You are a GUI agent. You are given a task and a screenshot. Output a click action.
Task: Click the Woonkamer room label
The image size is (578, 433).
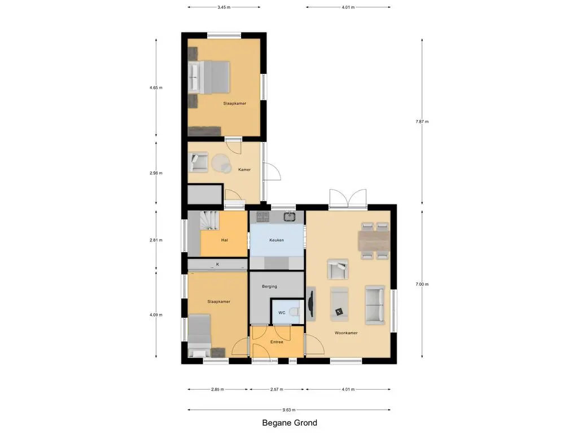[x=346, y=333]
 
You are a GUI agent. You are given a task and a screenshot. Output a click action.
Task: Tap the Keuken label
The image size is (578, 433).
[x=277, y=240]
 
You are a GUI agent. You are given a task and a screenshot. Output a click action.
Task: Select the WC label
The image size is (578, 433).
[x=282, y=312]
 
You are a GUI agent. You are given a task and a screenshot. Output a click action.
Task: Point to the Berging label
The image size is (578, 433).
[x=269, y=286]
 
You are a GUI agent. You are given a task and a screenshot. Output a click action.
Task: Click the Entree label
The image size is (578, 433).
[x=277, y=342]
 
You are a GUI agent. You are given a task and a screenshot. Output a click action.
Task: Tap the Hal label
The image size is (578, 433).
[x=225, y=240]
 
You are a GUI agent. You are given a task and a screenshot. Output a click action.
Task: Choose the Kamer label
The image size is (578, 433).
[x=244, y=170]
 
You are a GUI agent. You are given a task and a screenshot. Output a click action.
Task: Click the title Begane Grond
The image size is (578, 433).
[x=290, y=423]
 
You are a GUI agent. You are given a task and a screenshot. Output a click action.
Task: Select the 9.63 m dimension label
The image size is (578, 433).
[x=289, y=410]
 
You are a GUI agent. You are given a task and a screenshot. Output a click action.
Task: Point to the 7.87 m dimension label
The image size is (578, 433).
[x=422, y=122]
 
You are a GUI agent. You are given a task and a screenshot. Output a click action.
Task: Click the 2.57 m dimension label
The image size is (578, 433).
[x=277, y=389]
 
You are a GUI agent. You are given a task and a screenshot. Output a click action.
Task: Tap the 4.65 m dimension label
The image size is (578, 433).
[x=156, y=87]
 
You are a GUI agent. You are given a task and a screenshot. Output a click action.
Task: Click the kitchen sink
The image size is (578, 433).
[x=290, y=216]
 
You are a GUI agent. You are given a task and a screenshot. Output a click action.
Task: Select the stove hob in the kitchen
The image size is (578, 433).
[x=263, y=217]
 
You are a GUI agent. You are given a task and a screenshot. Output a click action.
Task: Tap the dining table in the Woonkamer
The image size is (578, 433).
[x=374, y=241]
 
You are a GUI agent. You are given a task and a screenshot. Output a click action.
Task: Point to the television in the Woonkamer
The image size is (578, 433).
[x=310, y=304]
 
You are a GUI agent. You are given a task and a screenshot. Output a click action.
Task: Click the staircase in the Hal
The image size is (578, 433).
[x=209, y=220]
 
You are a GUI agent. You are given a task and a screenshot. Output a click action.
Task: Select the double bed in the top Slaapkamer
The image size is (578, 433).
[x=209, y=77]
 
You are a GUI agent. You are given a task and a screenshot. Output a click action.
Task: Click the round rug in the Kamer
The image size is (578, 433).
[x=221, y=163]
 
